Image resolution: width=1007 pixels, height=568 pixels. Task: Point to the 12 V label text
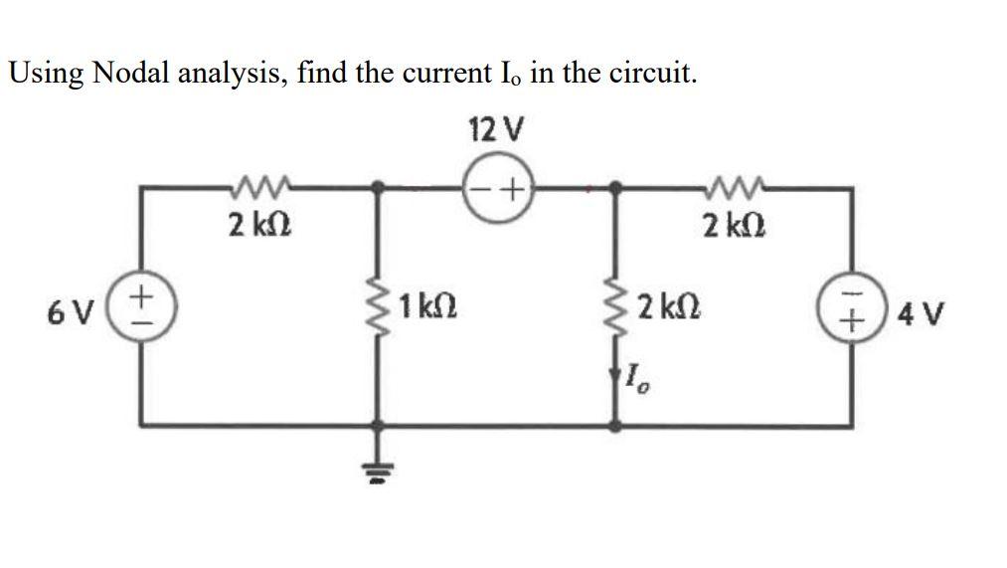click(494, 130)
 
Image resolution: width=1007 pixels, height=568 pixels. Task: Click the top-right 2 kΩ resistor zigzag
click(736, 183)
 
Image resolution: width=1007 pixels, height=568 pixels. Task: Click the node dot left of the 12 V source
click(378, 186)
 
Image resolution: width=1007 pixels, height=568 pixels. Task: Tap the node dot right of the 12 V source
click(617, 186)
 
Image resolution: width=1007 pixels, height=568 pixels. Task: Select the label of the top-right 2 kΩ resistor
click(735, 225)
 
